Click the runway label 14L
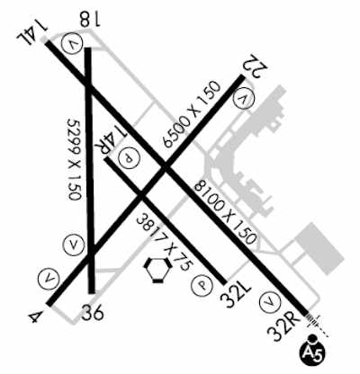point(31,31)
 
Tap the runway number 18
point(90,20)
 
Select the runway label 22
point(256,65)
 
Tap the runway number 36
point(93,312)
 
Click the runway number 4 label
point(34,317)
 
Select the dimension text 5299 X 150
point(74,159)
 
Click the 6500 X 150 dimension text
point(192,114)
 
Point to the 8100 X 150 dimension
point(225,212)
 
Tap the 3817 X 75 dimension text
point(164,241)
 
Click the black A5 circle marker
point(313,351)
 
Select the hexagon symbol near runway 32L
point(158,270)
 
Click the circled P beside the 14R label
point(129,158)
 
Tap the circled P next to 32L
point(202,285)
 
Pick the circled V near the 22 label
point(244,99)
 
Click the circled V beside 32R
point(270,301)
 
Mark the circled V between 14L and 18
point(71,44)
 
